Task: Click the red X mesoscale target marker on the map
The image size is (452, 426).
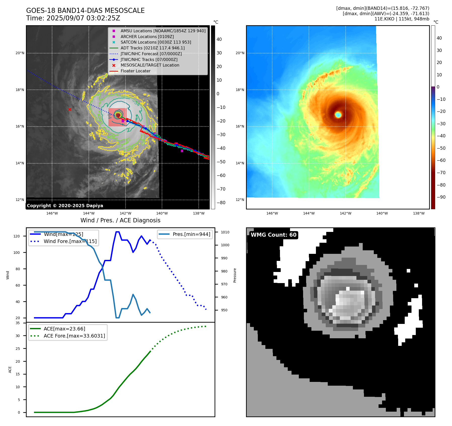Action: [x=70, y=109]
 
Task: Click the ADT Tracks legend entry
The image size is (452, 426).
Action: [x=152, y=48]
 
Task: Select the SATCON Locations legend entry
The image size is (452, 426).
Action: [x=156, y=42]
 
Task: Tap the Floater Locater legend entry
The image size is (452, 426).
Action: [x=135, y=71]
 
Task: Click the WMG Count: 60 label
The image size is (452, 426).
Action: [x=273, y=235]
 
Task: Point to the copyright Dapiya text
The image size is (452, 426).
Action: [x=65, y=206]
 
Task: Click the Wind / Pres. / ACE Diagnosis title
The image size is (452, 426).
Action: [x=120, y=220]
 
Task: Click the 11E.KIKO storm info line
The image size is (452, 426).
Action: [x=402, y=19]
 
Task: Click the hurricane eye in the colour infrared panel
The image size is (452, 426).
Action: [x=338, y=115]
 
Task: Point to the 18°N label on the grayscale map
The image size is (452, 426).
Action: [x=20, y=90]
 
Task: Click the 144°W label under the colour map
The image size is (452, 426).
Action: [x=309, y=213]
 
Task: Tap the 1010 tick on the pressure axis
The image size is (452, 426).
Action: [x=225, y=232]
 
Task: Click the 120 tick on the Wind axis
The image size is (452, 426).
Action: [x=16, y=236]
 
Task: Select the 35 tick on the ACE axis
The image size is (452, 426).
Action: [x=18, y=323]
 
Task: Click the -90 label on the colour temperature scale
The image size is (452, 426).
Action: [x=441, y=197]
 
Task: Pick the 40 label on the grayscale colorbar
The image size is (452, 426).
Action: [x=219, y=39]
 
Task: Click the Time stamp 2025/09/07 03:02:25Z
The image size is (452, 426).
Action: [x=73, y=18]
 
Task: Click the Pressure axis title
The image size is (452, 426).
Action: [x=235, y=275]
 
